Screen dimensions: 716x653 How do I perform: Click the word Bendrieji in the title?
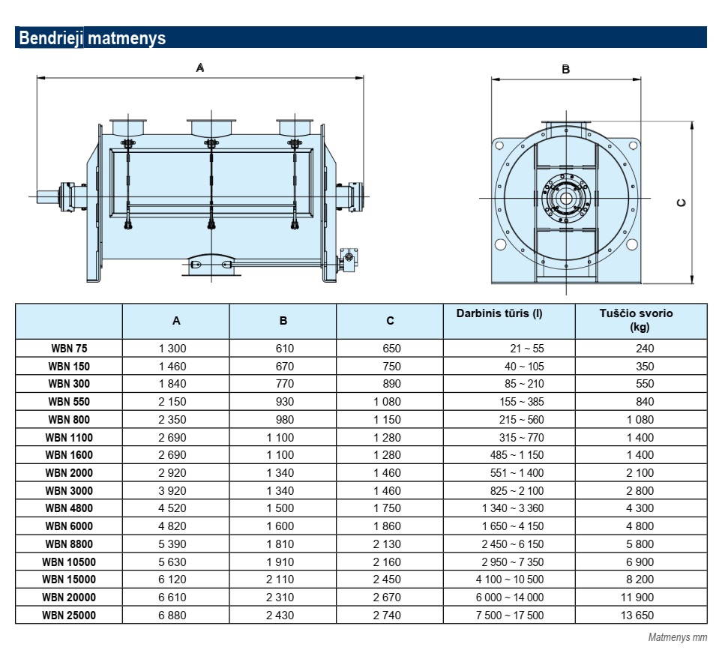(x=51, y=38)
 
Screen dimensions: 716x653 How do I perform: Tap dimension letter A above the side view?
(x=200, y=68)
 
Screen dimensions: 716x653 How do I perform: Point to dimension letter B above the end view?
(x=566, y=70)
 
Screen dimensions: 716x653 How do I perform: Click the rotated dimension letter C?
(x=681, y=202)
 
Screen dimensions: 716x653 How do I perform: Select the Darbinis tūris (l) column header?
(x=499, y=313)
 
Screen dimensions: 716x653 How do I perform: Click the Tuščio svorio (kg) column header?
(x=636, y=319)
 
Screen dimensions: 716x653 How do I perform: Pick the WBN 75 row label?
(x=69, y=349)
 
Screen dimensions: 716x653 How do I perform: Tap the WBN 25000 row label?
(x=69, y=615)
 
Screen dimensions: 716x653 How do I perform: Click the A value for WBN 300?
(x=172, y=384)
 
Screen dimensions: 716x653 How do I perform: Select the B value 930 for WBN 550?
(x=284, y=402)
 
